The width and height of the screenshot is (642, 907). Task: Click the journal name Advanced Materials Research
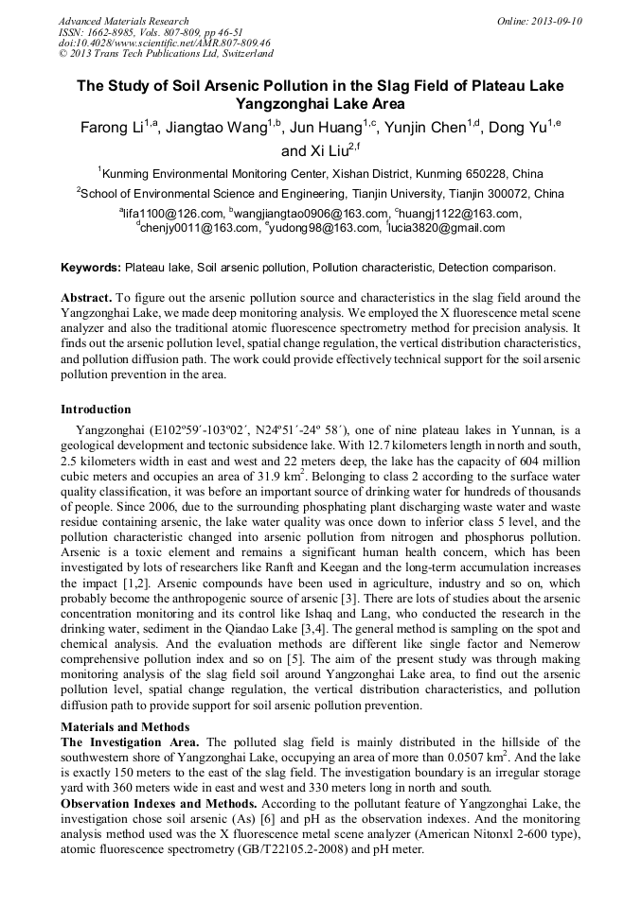[123, 21]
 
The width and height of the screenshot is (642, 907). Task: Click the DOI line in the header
[164, 44]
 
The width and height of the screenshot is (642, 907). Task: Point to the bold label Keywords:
[91, 269]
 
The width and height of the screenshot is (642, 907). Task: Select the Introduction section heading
[96, 410]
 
